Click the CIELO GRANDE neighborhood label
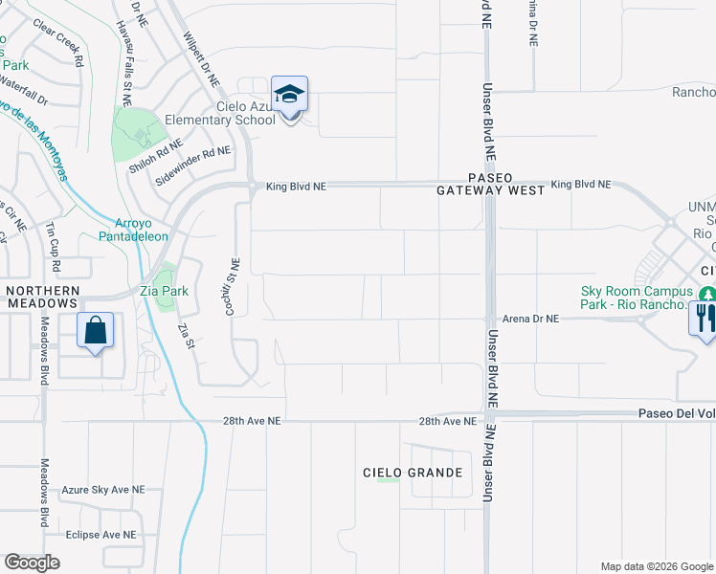click(x=413, y=473)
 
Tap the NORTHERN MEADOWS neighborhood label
click(x=41, y=297)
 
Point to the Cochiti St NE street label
click(x=234, y=288)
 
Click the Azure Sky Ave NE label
click(x=102, y=489)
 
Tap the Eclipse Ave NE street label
click(x=101, y=535)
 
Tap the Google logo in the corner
click(x=32, y=563)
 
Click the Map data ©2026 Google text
click(x=656, y=566)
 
